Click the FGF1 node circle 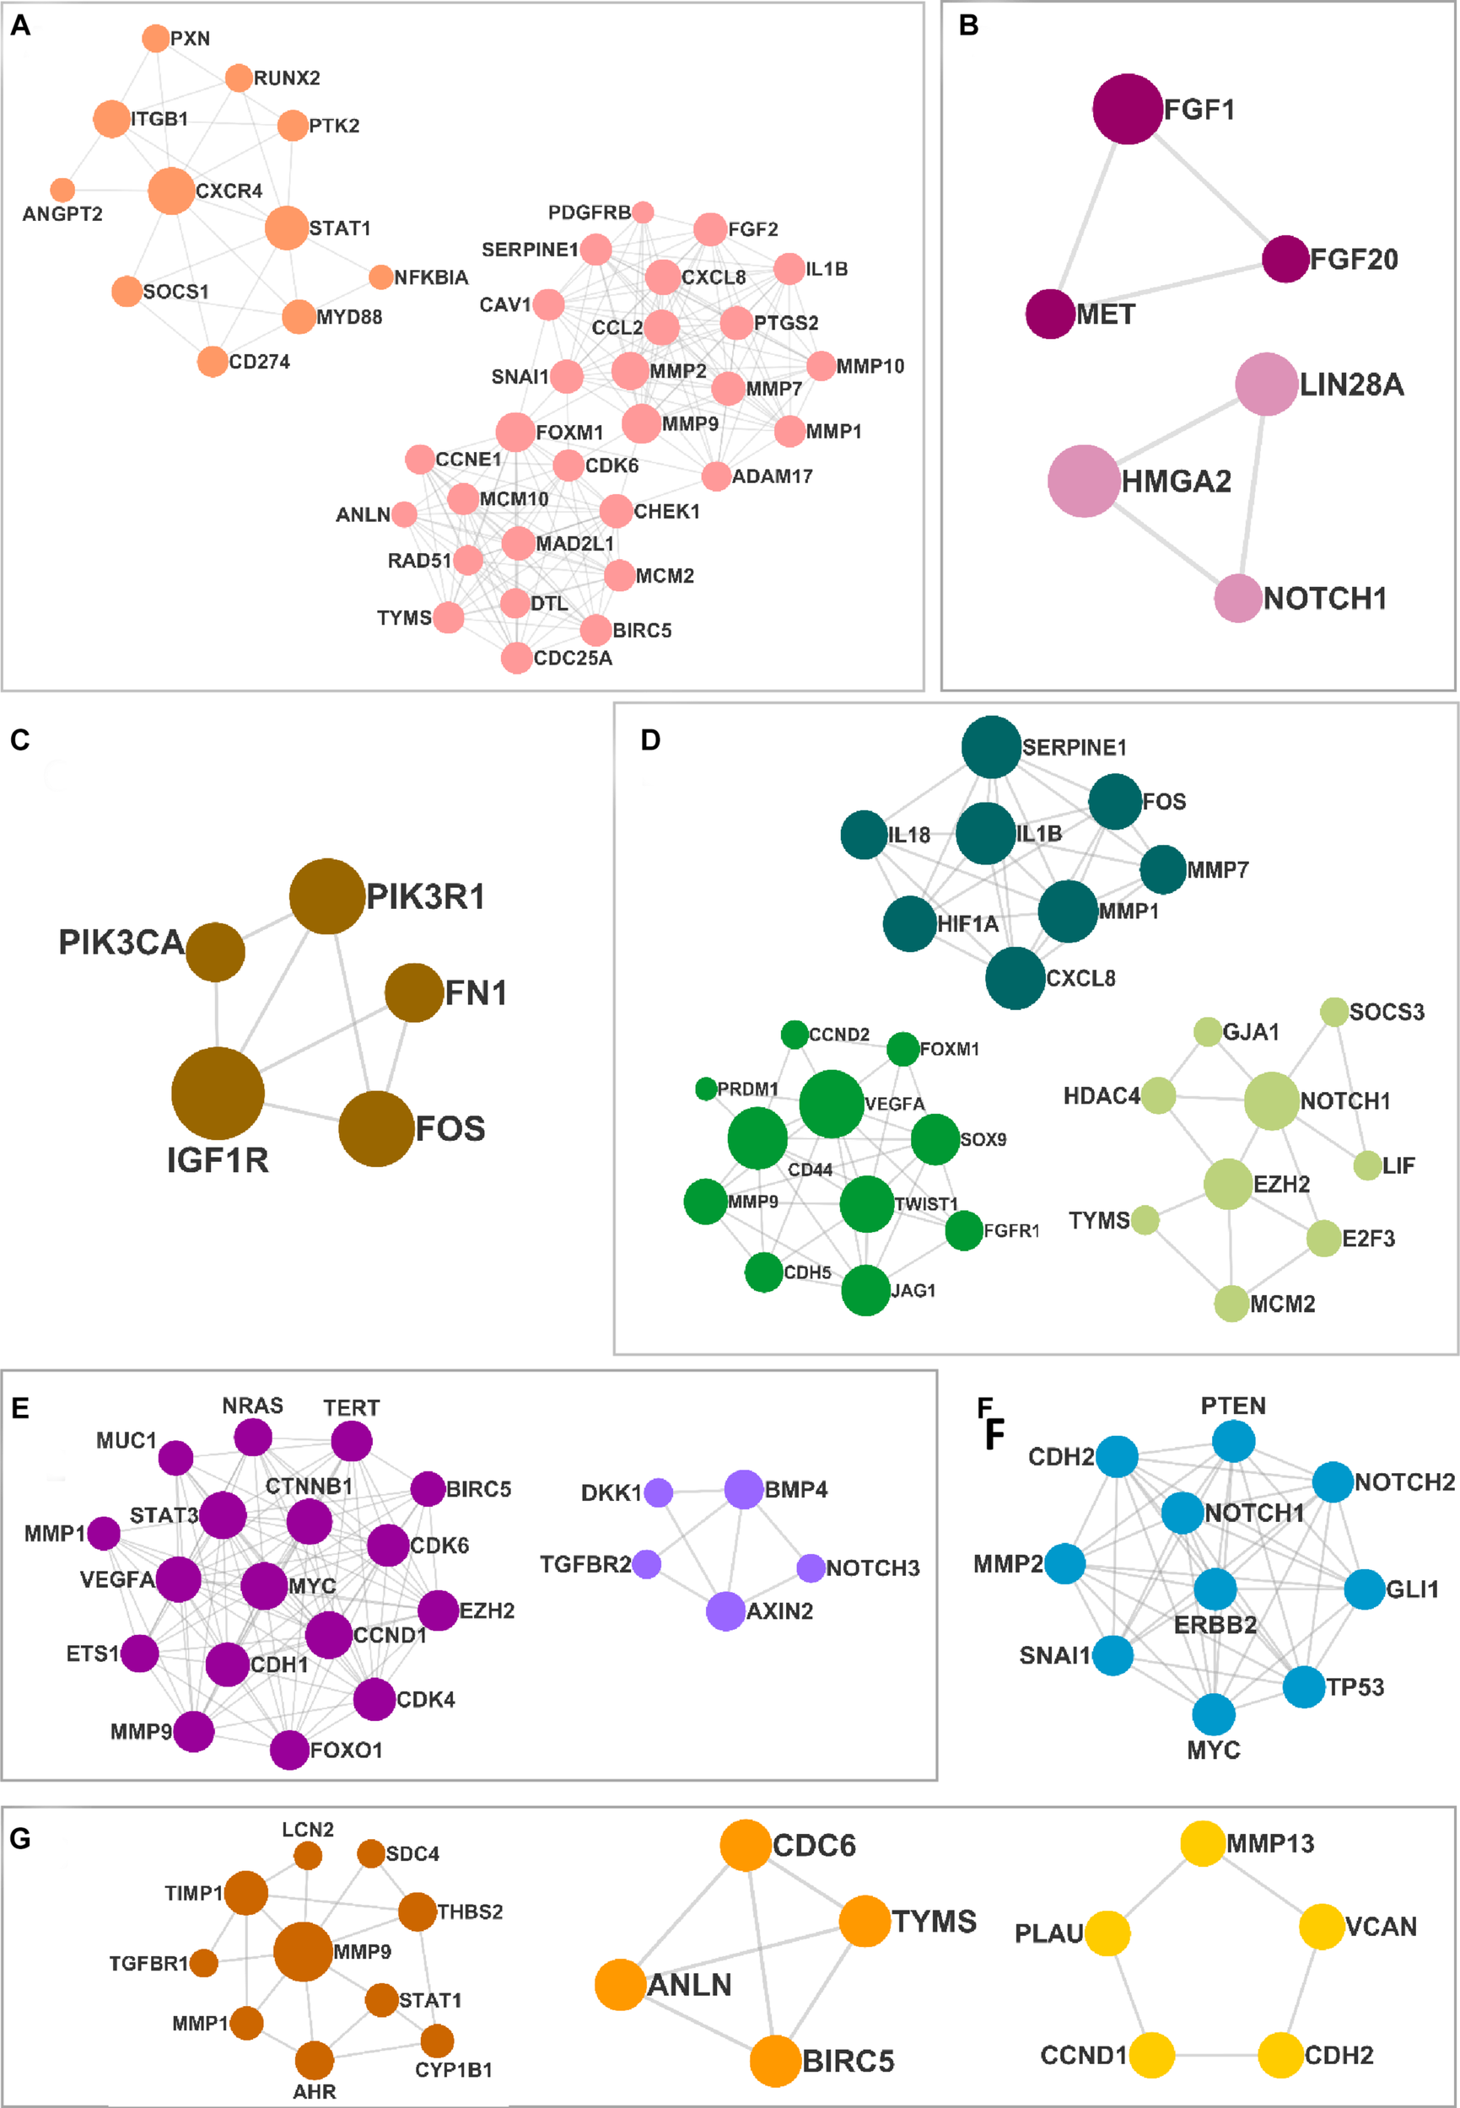[x=1127, y=109]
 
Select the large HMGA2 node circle [x=1084, y=481]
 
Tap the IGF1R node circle [x=218, y=1093]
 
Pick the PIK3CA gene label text [x=121, y=942]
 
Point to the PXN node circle [x=155, y=39]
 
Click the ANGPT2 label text [x=62, y=214]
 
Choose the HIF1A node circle [x=909, y=923]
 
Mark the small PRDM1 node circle [x=705, y=1089]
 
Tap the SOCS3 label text [x=1386, y=1012]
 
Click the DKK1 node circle [x=659, y=1492]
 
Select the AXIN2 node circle [x=725, y=1611]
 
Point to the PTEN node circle [x=1233, y=1441]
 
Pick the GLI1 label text [x=1412, y=1589]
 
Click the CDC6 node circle [x=745, y=1845]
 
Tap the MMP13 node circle [x=1202, y=1842]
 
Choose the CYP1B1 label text [x=454, y=2069]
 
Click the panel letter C [x=20, y=739]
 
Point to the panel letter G [x=20, y=1838]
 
